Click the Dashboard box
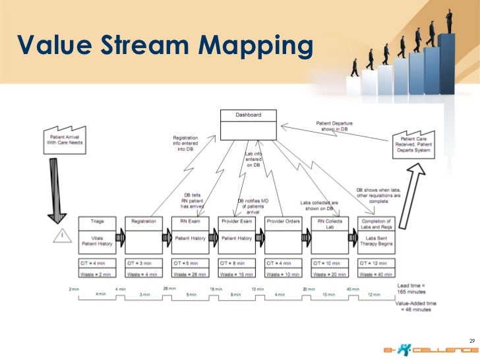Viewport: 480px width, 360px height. coord(248,125)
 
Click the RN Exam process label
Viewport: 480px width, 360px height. coord(190,222)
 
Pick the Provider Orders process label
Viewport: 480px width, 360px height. coord(283,222)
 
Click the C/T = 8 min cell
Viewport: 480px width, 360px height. coord(236,263)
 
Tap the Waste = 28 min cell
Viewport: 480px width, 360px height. coord(190,274)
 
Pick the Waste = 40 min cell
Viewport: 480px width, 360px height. coord(376,274)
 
